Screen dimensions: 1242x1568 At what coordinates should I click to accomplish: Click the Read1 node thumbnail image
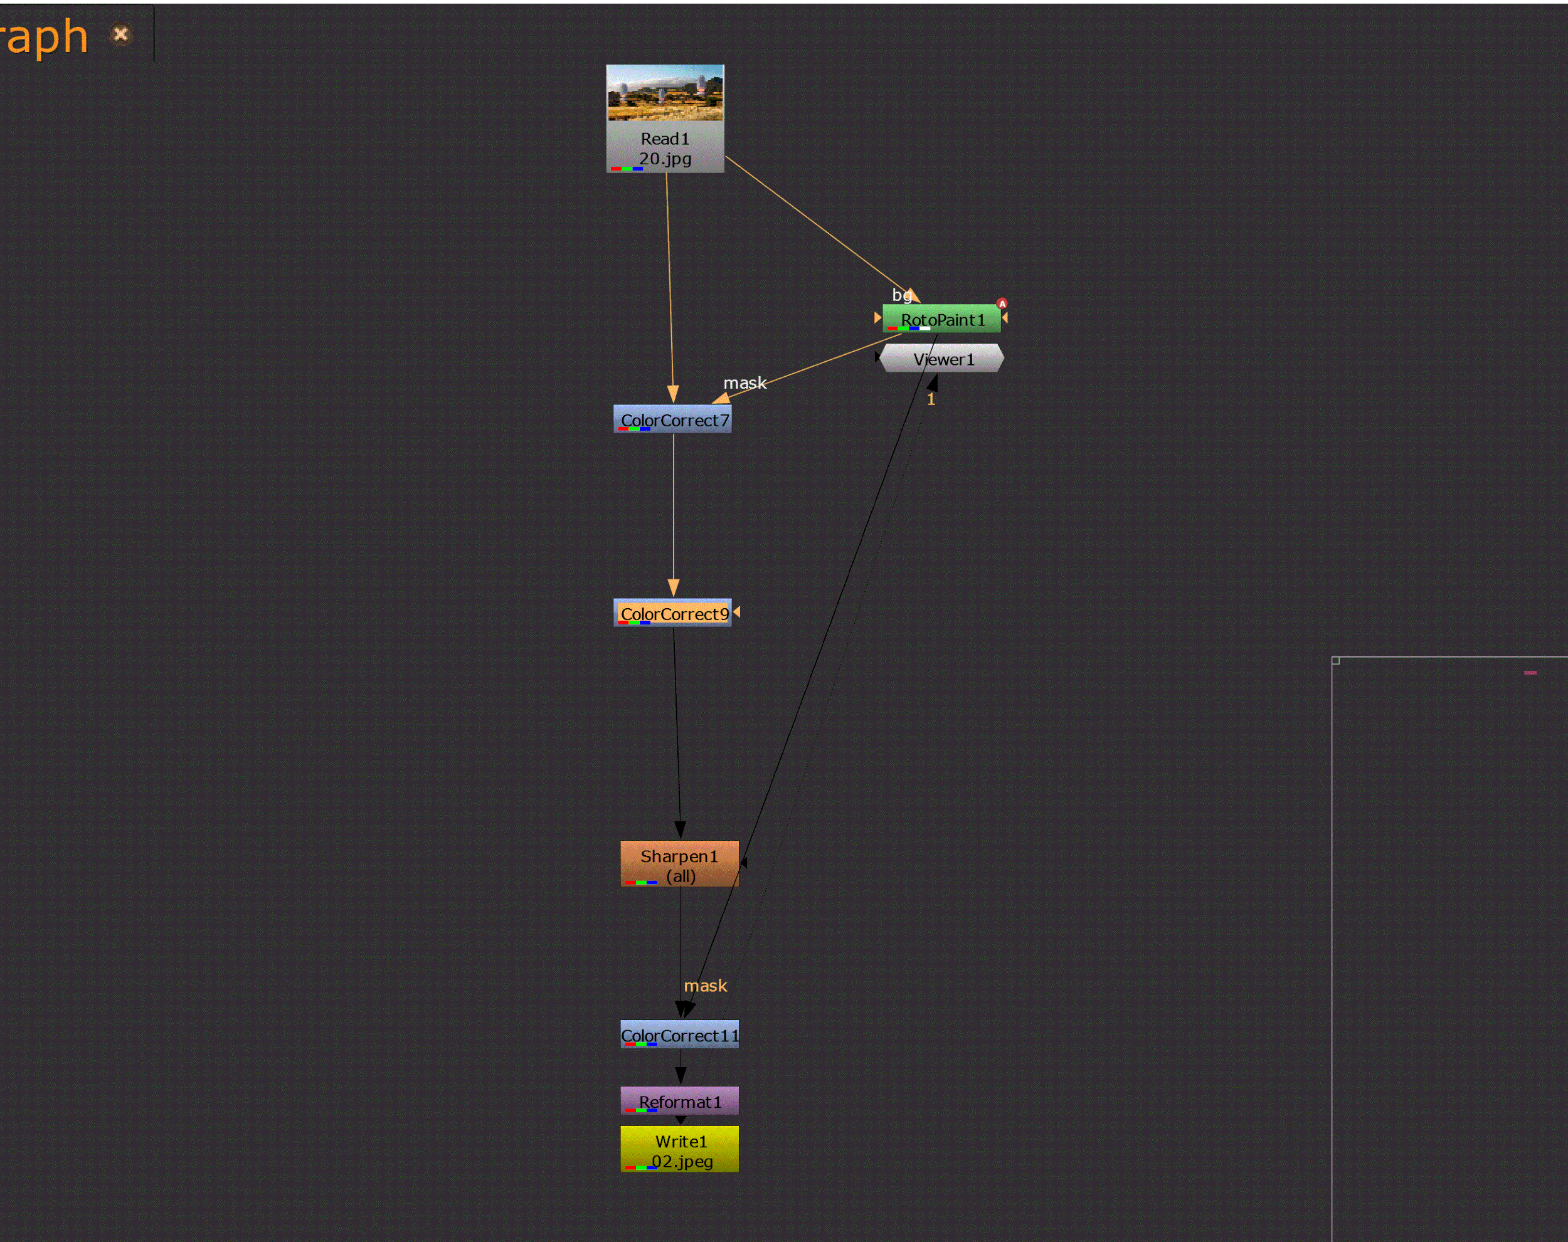point(665,92)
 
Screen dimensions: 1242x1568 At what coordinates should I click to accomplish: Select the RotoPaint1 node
point(942,319)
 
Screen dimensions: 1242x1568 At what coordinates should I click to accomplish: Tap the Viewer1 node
point(942,359)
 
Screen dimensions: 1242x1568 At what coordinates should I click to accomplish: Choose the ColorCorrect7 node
point(673,419)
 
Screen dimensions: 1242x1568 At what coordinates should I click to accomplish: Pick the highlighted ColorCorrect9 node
point(673,613)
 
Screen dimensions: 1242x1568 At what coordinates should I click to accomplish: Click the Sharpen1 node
point(679,863)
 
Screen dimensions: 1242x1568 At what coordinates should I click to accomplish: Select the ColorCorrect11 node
point(679,1034)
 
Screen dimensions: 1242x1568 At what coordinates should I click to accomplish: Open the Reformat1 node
point(679,1101)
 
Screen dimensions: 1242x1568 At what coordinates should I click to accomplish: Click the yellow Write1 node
point(679,1149)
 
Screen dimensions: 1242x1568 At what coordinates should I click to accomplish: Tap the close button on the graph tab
point(120,34)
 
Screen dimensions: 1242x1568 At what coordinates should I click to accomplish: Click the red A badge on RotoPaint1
point(1002,303)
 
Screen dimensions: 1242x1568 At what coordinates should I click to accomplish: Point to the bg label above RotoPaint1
point(901,295)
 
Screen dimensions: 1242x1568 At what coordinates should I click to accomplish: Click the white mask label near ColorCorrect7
point(744,382)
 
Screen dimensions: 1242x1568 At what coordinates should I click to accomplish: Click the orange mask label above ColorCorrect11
point(705,986)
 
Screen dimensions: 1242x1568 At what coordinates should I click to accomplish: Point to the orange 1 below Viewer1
point(931,399)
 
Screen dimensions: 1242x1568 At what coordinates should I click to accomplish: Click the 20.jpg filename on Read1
point(665,159)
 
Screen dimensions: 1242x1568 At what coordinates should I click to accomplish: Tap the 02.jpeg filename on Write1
point(682,1161)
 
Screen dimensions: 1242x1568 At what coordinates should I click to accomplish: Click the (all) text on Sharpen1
point(681,876)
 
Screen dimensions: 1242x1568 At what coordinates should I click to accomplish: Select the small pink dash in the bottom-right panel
point(1530,673)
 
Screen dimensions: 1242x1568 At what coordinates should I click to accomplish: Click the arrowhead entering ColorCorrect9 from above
point(674,587)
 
